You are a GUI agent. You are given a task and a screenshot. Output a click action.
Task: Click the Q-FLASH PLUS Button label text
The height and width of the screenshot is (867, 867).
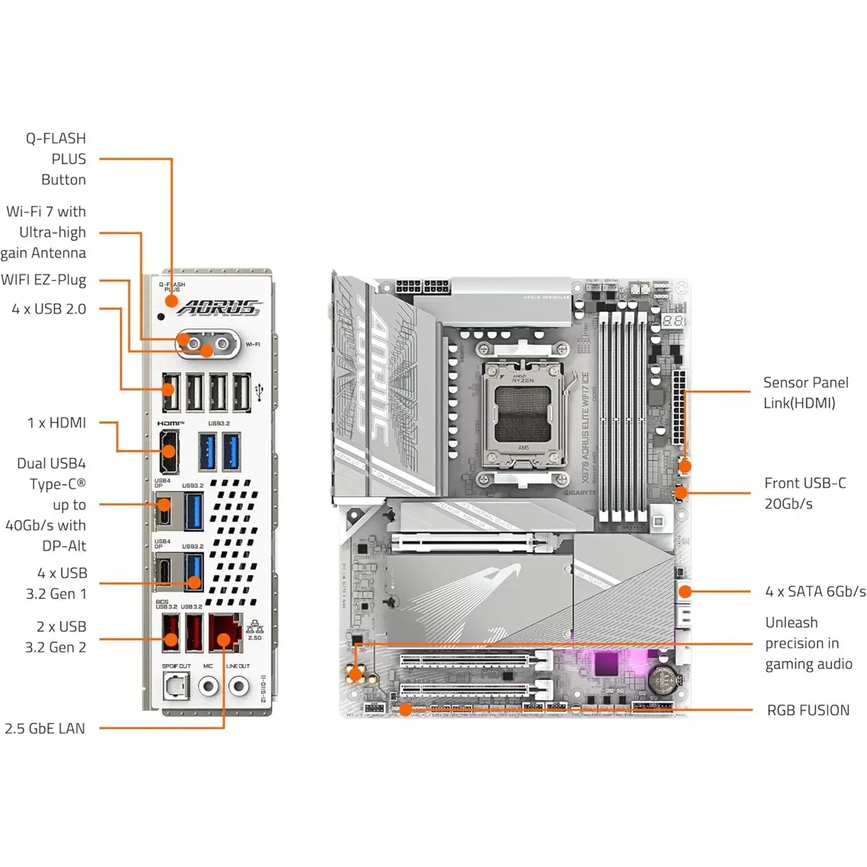coord(56,159)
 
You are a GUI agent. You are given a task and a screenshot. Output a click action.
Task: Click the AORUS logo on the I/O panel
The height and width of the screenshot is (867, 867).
coord(219,307)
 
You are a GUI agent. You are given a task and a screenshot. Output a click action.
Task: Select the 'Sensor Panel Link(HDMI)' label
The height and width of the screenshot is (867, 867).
coord(806,392)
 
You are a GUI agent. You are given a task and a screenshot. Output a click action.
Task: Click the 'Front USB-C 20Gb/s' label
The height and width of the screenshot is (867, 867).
coord(805,493)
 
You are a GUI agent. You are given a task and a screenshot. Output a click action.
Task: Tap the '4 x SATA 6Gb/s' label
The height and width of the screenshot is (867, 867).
coord(815,591)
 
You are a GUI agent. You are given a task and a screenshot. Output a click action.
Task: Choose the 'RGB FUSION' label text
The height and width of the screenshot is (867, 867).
coord(808,710)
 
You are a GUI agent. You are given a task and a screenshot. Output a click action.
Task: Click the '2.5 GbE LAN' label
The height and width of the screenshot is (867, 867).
coord(45,728)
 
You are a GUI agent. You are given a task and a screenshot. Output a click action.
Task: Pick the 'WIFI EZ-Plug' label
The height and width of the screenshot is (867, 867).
coord(43,280)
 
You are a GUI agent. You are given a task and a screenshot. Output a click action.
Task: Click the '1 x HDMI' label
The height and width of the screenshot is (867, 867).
coord(56,423)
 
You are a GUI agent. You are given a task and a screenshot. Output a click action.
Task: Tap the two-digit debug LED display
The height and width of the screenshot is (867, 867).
coord(673,320)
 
